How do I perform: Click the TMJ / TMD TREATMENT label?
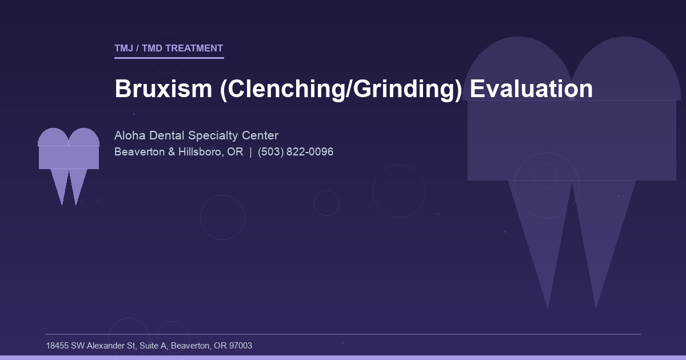[x=169, y=48]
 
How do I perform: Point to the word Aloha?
[x=130, y=135]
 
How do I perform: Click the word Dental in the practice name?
[x=164, y=135]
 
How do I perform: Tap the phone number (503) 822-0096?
[x=296, y=152]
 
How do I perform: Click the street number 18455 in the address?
[x=57, y=346]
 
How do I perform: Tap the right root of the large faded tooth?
[x=600, y=240]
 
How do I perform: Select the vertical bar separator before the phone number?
[x=250, y=152]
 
